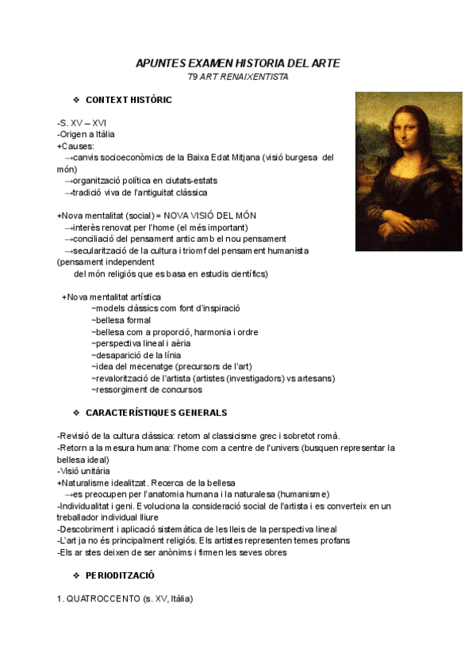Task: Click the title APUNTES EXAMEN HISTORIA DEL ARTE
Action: (x=237, y=63)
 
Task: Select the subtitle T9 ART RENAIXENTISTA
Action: (x=237, y=77)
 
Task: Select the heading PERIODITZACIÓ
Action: (x=120, y=575)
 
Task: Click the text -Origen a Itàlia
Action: (x=86, y=135)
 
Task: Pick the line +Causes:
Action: (x=75, y=146)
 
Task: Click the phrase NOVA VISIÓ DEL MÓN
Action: (x=209, y=216)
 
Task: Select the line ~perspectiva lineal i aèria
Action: (x=140, y=344)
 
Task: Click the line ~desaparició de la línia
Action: (x=136, y=355)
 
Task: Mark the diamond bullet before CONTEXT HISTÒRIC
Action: (x=76, y=101)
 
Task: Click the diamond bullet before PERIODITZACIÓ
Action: (x=76, y=575)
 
